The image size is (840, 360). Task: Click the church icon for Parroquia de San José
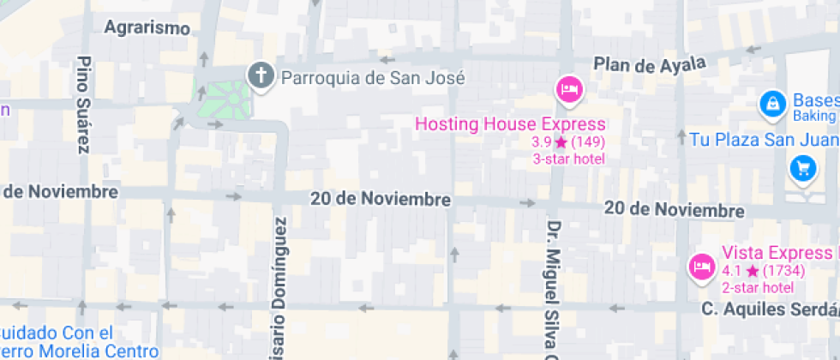260,76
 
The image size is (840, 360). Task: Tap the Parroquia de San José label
372,78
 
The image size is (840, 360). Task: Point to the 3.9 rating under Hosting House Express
543,142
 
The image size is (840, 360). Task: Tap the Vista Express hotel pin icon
701,267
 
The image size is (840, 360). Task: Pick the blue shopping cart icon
803,168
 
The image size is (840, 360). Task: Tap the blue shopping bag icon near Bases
772,105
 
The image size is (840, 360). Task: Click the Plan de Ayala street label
649,64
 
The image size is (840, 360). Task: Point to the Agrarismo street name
147,27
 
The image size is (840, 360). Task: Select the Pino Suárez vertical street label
83,105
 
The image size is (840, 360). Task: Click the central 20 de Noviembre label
381,199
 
